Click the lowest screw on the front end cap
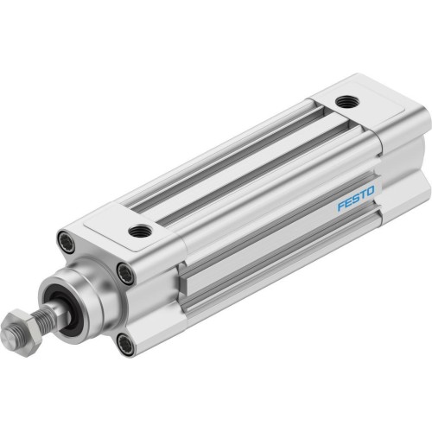point(126,346)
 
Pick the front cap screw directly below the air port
point(127,275)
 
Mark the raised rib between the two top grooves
point(233,159)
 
